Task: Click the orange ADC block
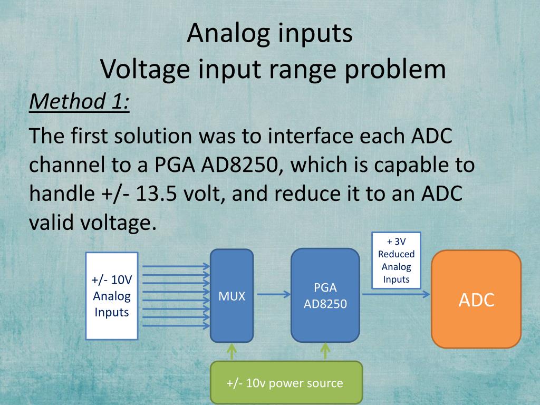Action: pyautogui.click(x=476, y=299)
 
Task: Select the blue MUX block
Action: pyautogui.click(x=232, y=296)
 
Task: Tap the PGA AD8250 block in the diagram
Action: pyautogui.click(x=325, y=296)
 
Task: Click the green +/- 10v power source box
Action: pyautogui.click(x=286, y=383)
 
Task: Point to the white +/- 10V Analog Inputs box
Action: pyautogui.click(x=112, y=296)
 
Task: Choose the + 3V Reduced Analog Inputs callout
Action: pyautogui.click(x=396, y=261)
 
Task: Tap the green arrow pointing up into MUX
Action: pyautogui.click(x=232, y=352)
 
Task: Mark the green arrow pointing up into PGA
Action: pyautogui.click(x=325, y=352)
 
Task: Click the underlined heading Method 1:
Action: pyautogui.click(x=79, y=101)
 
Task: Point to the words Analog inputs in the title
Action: pyautogui.click(x=269, y=33)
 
